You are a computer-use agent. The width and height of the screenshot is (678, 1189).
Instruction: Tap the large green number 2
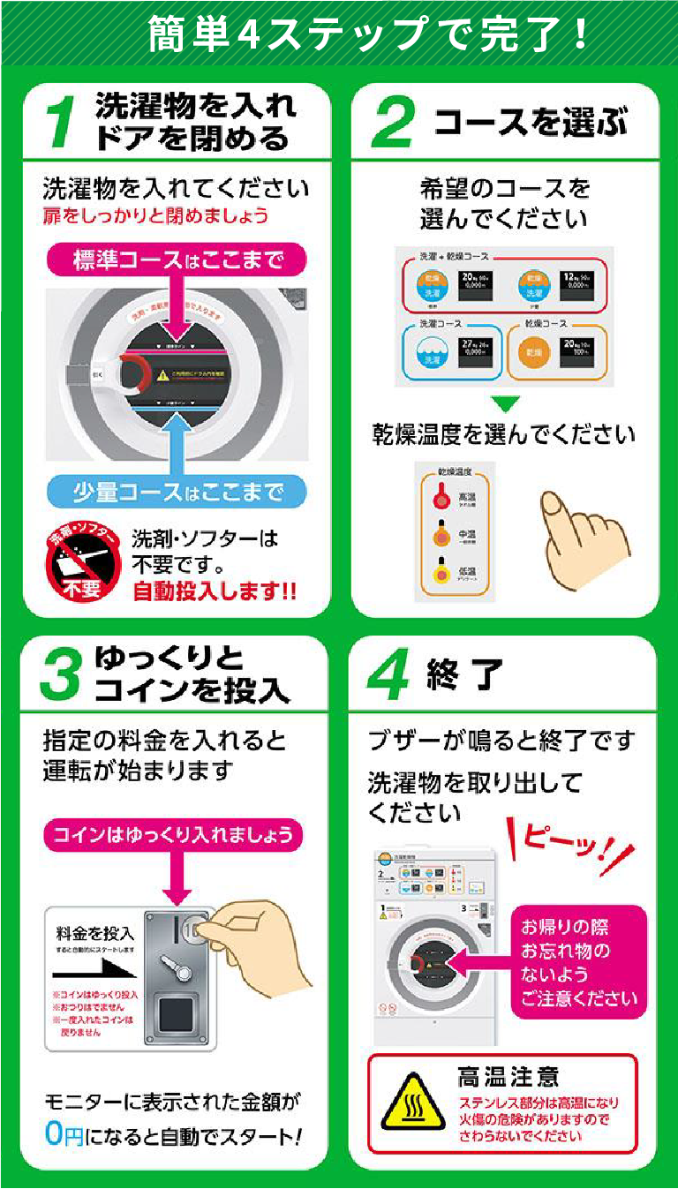point(392,123)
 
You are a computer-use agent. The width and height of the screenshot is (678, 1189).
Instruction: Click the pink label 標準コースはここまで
point(177,260)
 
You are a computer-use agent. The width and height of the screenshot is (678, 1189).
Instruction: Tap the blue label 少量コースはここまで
point(177,492)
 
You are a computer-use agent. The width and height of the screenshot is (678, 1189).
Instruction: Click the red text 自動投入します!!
point(215,591)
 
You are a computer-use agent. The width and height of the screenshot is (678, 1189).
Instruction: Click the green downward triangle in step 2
point(506,406)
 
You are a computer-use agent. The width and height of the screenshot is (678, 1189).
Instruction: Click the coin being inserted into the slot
point(193,928)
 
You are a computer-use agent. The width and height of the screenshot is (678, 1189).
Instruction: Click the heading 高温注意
point(508,1076)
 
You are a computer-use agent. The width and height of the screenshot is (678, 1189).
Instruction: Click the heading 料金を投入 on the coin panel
point(94,932)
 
